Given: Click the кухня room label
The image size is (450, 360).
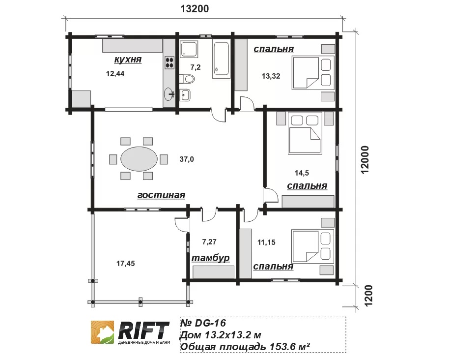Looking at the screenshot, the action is point(128,60).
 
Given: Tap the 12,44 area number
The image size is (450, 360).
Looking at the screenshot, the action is point(115,74).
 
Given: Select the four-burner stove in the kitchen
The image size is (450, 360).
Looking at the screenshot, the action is point(169,62).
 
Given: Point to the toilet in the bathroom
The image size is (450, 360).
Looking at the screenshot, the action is point(187,79).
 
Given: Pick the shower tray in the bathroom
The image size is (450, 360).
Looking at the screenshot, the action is point(189,49).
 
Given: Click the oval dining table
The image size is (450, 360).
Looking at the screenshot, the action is point(139,159).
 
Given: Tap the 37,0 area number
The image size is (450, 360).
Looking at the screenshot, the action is point(187,159).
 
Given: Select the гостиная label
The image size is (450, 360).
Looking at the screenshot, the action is point(161,195).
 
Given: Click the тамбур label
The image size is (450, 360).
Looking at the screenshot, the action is point(210,258).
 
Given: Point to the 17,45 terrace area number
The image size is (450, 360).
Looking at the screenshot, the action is point(125,263).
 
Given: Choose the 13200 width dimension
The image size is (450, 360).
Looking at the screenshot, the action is point(194,9).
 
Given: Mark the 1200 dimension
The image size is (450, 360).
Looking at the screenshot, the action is point(368,295).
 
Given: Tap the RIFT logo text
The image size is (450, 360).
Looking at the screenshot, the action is point(143,330).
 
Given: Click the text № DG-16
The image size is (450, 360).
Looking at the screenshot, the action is point(203,323).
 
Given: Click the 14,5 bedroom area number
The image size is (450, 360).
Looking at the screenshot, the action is point(302,173).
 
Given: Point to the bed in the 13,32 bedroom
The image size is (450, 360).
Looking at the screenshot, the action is point(313,73).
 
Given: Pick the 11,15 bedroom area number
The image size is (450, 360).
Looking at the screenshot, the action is point(266,242).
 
